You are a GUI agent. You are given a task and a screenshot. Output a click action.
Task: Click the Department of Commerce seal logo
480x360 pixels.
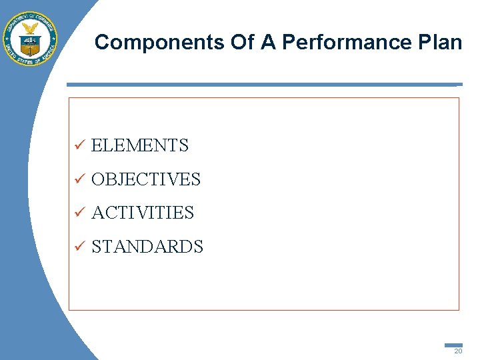click(31, 39)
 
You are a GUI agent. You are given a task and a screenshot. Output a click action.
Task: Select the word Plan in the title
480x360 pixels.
click(440, 43)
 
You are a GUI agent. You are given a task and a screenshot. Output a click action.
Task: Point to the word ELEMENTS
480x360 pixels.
click(140, 145)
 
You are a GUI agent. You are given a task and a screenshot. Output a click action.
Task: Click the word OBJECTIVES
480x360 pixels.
click(146, 179)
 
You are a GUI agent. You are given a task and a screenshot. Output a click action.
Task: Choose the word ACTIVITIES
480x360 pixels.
click(143, 213)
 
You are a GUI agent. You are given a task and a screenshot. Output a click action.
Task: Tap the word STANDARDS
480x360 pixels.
click(147, 247)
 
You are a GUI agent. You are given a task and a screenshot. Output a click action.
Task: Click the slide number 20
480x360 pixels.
click(457, 351)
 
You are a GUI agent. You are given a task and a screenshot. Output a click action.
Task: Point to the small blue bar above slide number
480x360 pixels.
click(453, 345)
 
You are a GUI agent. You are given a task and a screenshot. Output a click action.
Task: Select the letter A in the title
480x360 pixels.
click(268, 43)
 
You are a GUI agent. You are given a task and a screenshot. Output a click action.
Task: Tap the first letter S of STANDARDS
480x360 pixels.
click(97, 247)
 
